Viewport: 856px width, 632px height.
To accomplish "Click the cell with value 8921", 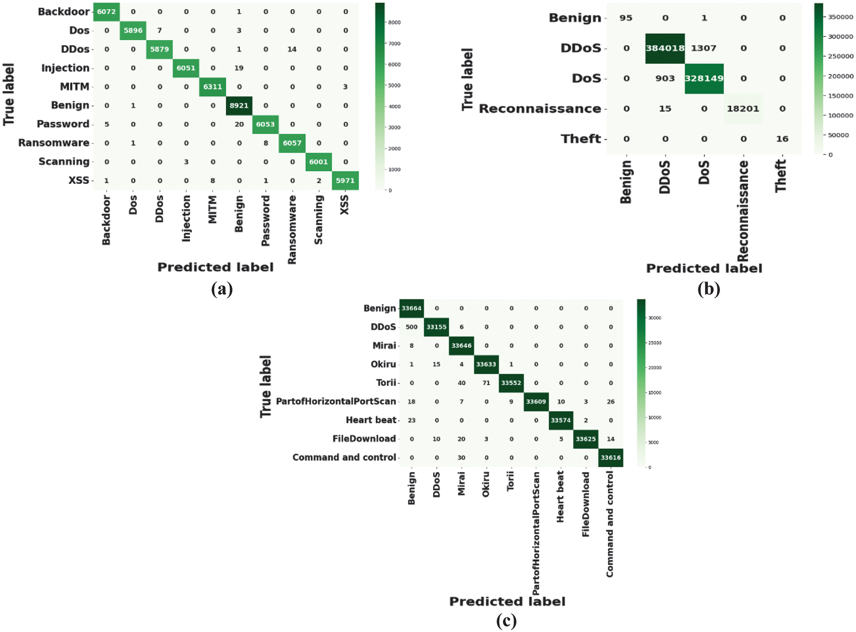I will pyautogui.click(x=239, y=106).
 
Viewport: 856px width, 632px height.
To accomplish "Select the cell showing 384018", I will pyautogui.click(x=665, y=48).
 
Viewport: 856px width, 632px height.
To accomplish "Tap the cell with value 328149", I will pyautogui.click(x=704, y=78).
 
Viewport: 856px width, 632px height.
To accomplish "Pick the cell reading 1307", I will pyautogui.click(x=704, y=48).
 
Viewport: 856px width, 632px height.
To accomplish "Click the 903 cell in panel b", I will pyautogui.click(x=665, y=78).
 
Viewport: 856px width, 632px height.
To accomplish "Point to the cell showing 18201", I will pyautogui.click(x=743, y=109).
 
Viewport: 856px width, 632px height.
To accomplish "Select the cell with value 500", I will pyautogui.click(x=411, y=327).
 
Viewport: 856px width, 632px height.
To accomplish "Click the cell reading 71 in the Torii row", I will pyautogui.click(x=486, y=383).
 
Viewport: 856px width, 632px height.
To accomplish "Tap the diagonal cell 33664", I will pyautogui.click(x=411, y=308).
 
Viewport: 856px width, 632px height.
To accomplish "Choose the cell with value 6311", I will pyautogui.click(x=212, y=86).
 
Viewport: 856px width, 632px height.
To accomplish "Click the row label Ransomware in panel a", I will pyautogui.click(x=54, y=143).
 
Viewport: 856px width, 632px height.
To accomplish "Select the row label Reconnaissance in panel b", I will pyautogui.click(x=540, y=109).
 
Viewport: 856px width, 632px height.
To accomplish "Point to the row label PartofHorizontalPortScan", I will pyautogui.click(x=336, y=401).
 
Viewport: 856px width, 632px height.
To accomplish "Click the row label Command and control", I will pyautogui.click(x=344, y=457).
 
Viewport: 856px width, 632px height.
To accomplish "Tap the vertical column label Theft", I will pyautogui.click(x=781, y=176).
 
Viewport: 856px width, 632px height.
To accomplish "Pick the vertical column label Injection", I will pyautogui.click(x=186, y=218).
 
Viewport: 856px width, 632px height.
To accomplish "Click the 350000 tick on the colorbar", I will pyautogui.click(x=840, y=17).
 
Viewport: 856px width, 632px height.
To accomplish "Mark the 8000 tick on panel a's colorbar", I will pyautogui.click(x=395, y=23).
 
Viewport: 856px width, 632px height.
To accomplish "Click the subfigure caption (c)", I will pyautogui.click(x=506, y=621).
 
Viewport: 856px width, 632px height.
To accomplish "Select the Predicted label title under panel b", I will pyautogui.click(x=704, y=268).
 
